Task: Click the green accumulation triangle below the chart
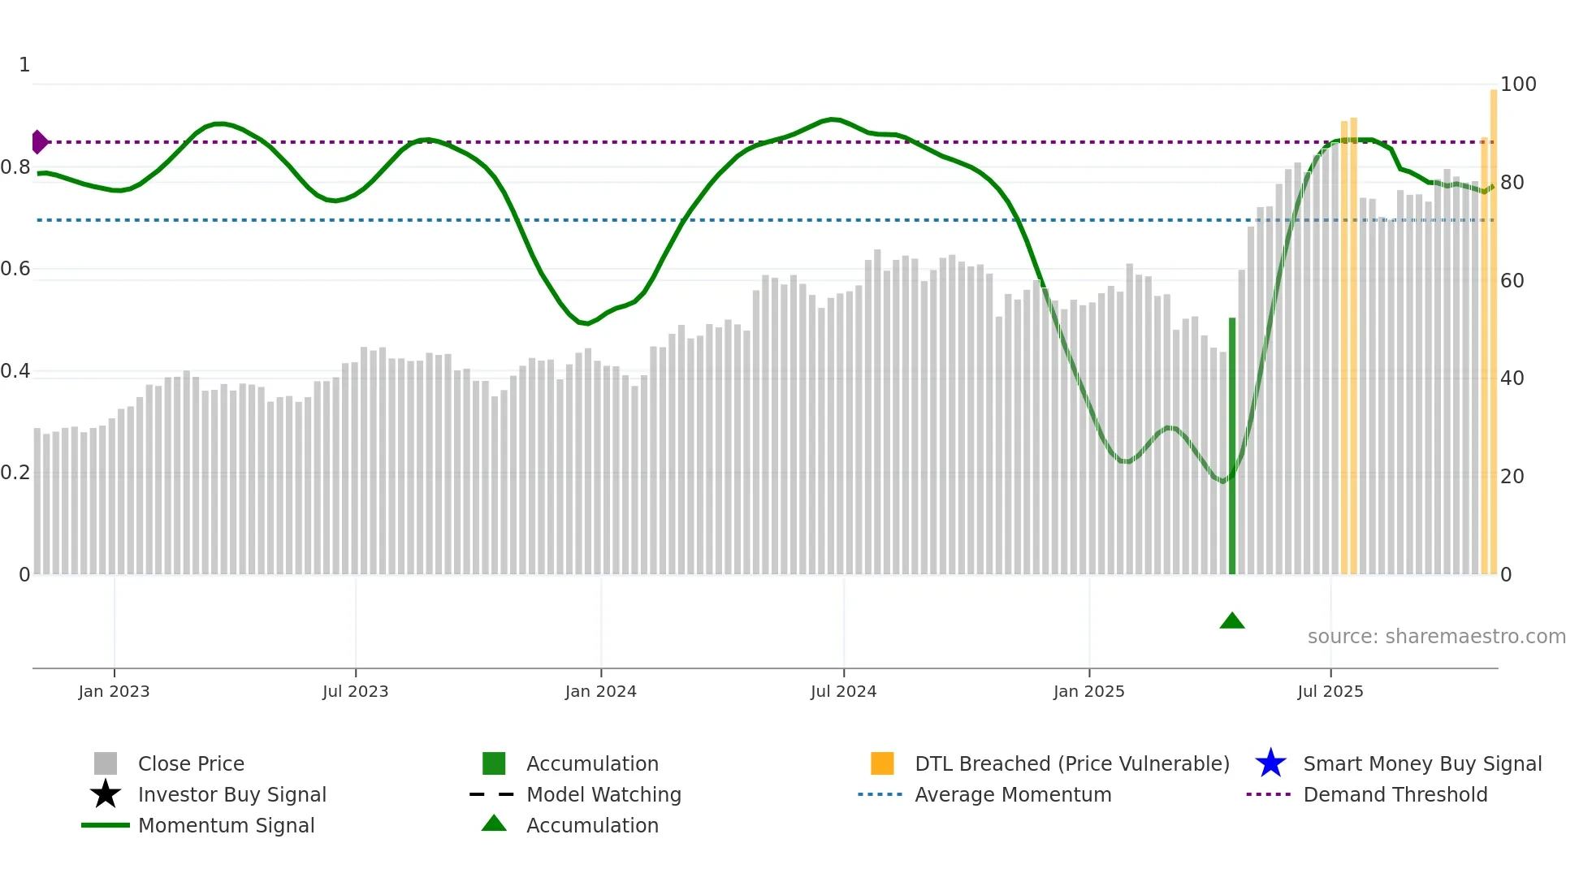point(1232,621)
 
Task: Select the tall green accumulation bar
point(1232,447)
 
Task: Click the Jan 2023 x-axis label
point(114,691)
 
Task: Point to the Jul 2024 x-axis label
point(843,691)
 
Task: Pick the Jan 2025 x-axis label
point(1088,691)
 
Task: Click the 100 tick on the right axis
point(1518,84)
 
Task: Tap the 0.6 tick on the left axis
point(15,269)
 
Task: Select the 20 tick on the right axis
point(1512,477)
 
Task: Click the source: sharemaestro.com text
point(1436,637)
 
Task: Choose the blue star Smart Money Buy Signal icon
point(1270,763)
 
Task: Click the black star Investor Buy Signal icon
point(106,794)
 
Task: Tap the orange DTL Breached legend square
point(882,763)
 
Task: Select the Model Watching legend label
point(603,794)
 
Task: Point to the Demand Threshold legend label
point(1395,794)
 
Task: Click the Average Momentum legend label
point(1013,794)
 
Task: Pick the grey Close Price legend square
point(106,763)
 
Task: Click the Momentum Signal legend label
point(226,825)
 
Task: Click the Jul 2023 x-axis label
point(355,691)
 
